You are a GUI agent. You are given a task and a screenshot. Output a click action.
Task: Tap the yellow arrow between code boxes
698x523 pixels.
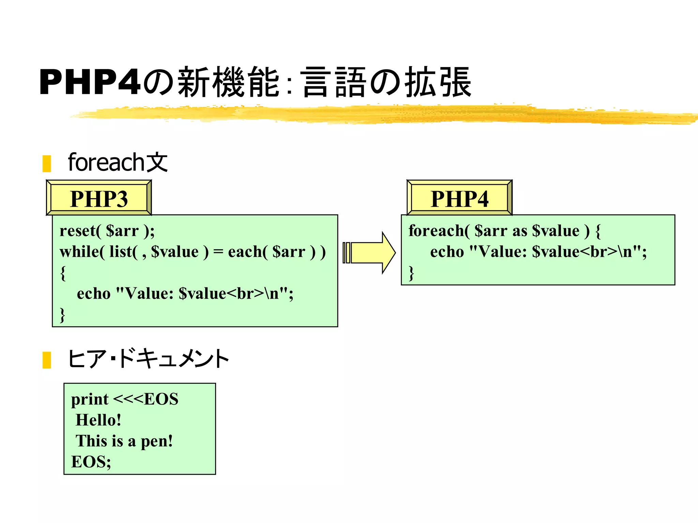point(370,253)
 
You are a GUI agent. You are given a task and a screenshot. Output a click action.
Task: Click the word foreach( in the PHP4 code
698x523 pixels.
point(439,231)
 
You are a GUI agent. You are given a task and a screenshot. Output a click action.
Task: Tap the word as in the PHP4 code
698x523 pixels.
point(519,231)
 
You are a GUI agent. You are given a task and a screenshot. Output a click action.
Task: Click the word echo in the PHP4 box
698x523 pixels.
point(447,252)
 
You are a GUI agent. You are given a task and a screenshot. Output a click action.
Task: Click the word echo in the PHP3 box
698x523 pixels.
point(94,294)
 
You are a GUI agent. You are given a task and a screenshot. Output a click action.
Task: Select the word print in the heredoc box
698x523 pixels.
point(90,399)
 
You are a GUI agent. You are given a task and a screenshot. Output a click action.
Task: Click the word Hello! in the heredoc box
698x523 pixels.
point(98,420)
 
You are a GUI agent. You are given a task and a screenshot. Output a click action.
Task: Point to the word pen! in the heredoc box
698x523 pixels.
point(157,441)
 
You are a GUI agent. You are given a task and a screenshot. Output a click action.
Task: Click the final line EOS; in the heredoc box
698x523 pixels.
point(91,462)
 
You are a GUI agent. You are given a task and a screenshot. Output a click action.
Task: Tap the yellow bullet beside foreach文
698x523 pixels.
point(47,163)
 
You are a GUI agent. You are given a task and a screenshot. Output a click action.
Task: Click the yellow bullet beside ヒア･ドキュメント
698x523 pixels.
point(47,360)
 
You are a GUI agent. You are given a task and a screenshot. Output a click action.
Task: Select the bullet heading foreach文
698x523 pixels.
point(118,162)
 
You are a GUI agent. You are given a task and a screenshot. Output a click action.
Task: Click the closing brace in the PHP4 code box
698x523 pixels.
point(411,273)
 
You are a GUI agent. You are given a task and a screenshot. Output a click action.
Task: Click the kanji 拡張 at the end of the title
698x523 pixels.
point(438,82)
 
